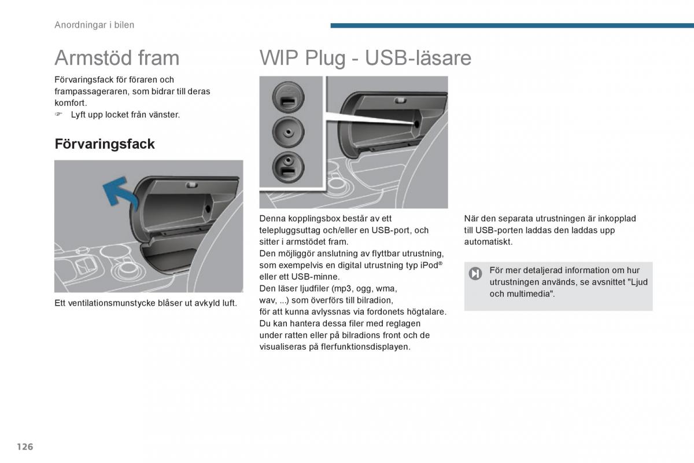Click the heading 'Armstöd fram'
[117, 58]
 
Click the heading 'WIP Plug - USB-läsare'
[365, 58]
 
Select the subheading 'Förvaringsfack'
[105, 144]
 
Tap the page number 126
[25, 447]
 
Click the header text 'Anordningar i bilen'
[94, 25]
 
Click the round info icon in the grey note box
[475, 274]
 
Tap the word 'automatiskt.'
[488, 242]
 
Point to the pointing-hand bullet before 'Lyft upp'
[58, 115]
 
